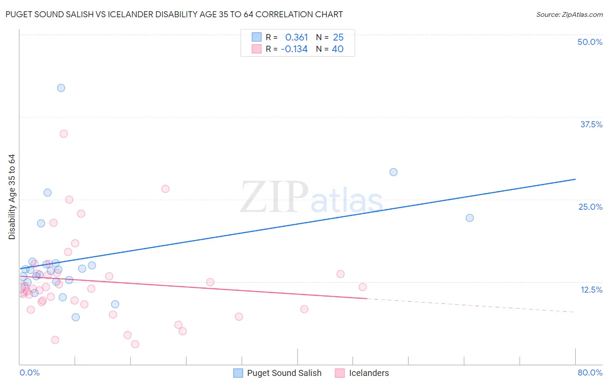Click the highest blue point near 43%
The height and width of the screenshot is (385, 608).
[x=61, y=88]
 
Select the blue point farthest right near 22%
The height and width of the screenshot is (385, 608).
[x=470, y=218]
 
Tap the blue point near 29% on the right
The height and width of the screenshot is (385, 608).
[x=394, y=172]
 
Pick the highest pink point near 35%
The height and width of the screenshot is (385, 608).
[x=64, y=134]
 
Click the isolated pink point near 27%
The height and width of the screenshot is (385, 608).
[x=165, y=189]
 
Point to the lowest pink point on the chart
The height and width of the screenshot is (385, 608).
[x=135, y=344]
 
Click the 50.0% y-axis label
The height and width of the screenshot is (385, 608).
[x=590, y=42]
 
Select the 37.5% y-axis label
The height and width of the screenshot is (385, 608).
[x=591, y=124]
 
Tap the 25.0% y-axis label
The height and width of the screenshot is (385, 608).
[x=590, y=207]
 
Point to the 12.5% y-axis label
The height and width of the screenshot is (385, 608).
[x=591, y=290]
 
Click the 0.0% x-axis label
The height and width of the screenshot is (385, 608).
[x=29, y=372]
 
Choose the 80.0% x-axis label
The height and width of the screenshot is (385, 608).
[x=590, y=372]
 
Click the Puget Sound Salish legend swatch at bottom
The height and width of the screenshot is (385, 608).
[x=238, y=373]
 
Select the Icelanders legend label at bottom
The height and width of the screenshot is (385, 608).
[x=369, y=373]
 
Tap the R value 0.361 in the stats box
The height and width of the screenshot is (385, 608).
[x=296, y=37]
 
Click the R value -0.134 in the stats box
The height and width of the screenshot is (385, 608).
[x=294, y=49]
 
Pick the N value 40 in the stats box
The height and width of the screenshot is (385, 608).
[x=337, y=49]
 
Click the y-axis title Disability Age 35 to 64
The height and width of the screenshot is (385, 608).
[x=12, y=197]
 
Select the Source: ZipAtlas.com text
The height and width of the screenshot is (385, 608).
[x=569, y=15]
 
